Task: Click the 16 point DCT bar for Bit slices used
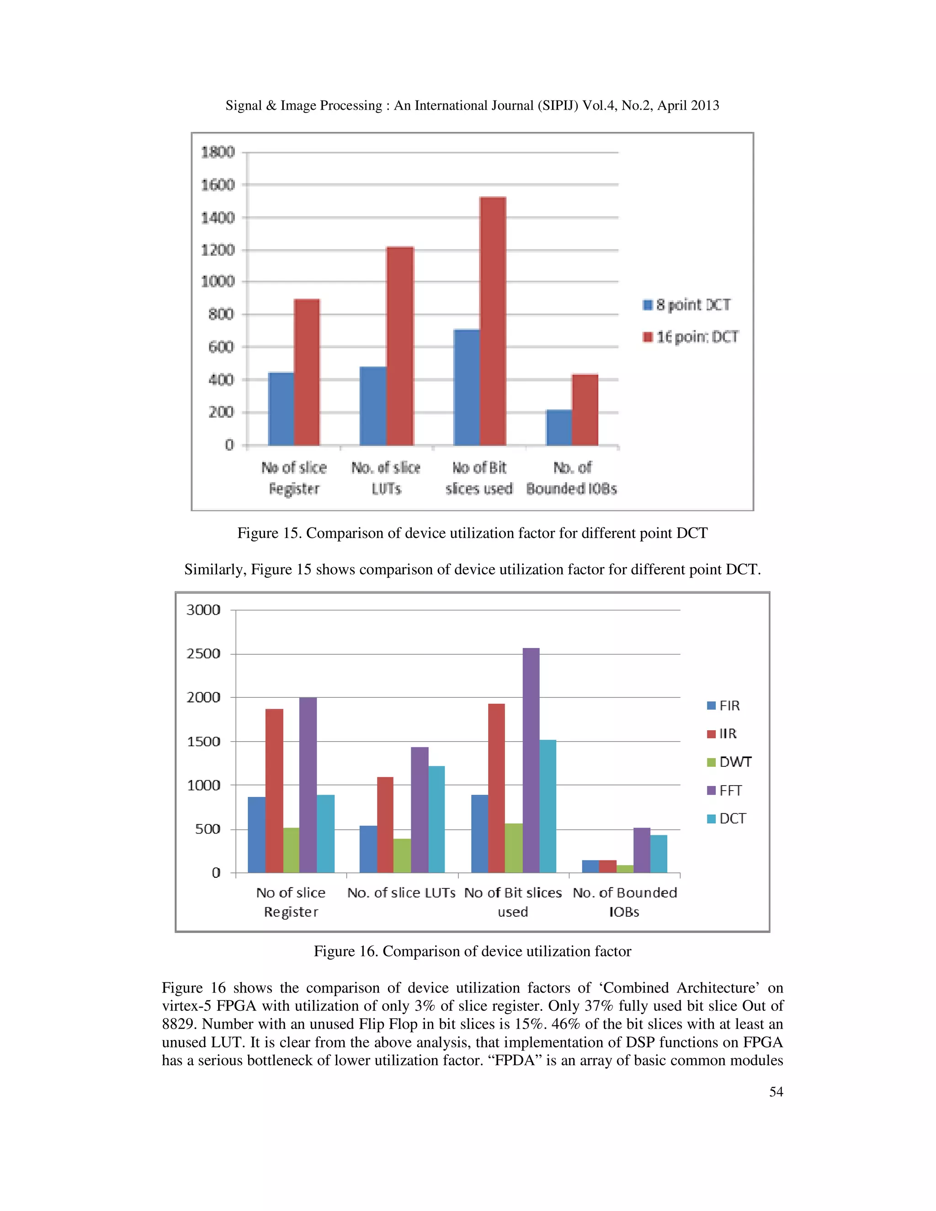click(492, 322)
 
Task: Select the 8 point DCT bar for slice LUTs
click(372, 406)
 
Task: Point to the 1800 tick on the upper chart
click(218, 152)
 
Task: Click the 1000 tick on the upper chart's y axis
click(218, 282)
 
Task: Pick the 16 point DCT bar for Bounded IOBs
click(585, 410)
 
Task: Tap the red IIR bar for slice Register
click(274, 791)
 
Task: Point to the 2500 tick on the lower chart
click(203, 654)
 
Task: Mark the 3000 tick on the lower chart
click(203, 610)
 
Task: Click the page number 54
click(776, 1092)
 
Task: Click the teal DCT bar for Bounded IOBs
click(658, 854)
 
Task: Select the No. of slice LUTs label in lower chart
click(401, 893)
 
